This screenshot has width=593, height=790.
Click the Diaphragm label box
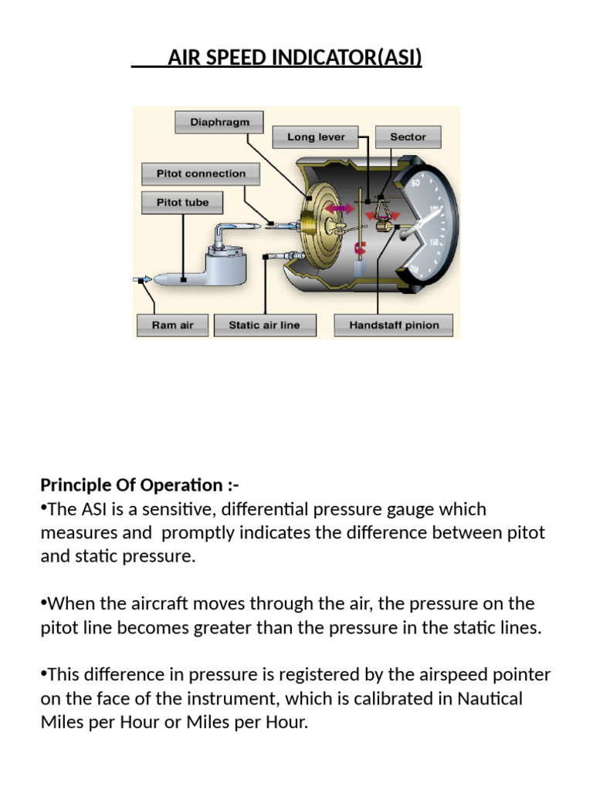pos(219,123)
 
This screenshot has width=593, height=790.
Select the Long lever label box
pos(316,137)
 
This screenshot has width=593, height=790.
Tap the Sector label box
pos(408,137)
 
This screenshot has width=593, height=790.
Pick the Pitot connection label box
pos(201,174)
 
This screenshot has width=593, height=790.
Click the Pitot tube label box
pos(183,203)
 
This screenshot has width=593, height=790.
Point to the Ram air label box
pos(172,325)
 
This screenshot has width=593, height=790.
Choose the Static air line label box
pos(264,325)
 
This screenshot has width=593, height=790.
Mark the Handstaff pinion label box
pos(394,325)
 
